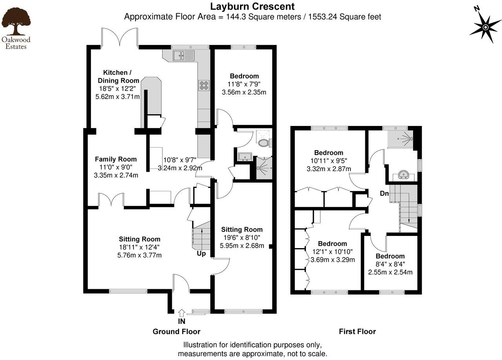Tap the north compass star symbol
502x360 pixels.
click(x=485, y=27)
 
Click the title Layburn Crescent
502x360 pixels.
click(x=252, y=7)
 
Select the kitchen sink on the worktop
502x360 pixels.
click(x=183, y=56)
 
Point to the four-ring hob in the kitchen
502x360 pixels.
click(x=204, y=85)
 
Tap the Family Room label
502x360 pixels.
click(x=116, y=159)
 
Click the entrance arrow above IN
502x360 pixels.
click(x=181, y=313)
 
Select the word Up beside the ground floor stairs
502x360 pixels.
click(x=201, y=253)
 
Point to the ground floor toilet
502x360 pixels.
click(x=264, y=142)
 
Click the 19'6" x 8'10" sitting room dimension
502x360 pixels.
click(x=242, y=238)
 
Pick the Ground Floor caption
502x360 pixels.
click(x=176, y=331)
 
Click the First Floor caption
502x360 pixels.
click(x=357, y=331)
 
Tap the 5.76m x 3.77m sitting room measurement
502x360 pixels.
click(x=140, y=255)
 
